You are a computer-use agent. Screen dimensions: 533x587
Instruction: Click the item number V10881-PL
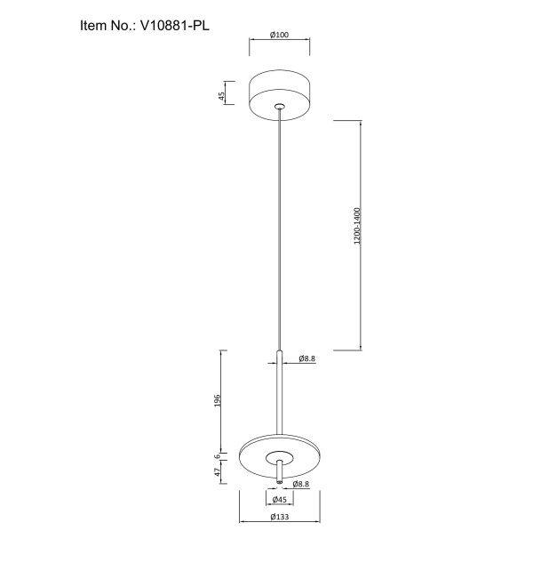pos(175,26)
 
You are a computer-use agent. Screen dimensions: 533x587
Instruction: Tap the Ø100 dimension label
pos(280,35)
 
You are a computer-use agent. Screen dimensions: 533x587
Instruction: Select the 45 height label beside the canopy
pos(222,96)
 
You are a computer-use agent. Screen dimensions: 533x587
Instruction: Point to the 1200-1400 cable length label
pos(357,226)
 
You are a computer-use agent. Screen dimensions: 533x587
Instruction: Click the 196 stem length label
pos(218,400)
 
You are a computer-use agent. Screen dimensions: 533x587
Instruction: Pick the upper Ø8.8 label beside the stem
pos(307,358)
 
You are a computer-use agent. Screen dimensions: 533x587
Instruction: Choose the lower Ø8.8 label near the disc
pos(301,484)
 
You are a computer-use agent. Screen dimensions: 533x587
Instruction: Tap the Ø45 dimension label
pos(280,500)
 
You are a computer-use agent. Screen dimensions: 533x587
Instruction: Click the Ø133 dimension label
pos(280,517)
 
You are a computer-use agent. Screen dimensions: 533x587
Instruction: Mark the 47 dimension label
pos(218,472)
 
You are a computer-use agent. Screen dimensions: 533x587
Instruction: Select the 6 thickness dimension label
pos(217,456)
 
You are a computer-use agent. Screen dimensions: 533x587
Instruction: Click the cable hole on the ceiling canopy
pos(280,107)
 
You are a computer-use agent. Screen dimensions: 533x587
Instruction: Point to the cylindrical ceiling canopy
pos(280,95)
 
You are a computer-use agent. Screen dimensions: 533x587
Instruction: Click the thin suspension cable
pos(279,229)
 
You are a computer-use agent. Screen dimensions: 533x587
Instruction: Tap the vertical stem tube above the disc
pos(279,392)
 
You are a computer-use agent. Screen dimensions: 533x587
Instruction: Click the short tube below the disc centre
pos(279,471)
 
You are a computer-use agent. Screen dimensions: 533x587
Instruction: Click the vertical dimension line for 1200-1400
pos(361,236)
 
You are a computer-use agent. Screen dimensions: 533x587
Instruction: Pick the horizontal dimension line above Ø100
pos(280,39)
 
